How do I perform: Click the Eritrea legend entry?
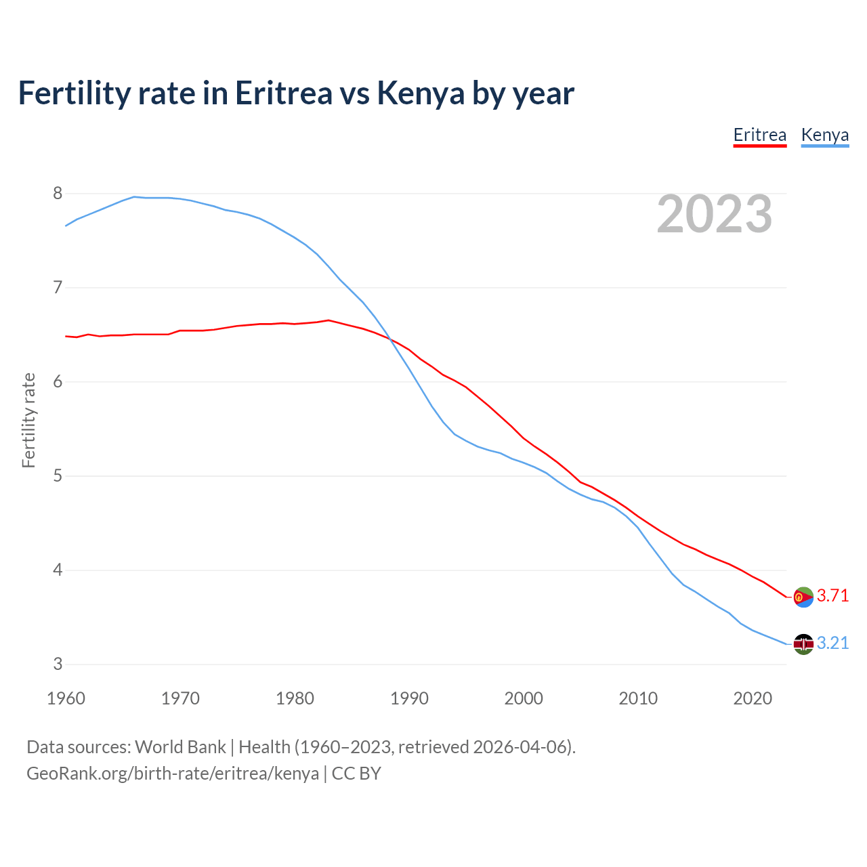click(x=759, y=135)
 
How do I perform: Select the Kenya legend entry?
click(x=824, y=135)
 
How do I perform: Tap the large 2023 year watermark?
click(x=715, y=214)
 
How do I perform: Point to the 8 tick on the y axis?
click(x=58, y=194)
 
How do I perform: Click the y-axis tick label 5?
click(x=58, y=476)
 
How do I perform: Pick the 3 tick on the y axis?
click(x=58, y=664)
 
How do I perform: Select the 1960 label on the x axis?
click(x=66, y=698)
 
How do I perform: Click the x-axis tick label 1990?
click(x=409, y=698)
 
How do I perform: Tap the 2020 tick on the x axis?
click(x=753, y=698)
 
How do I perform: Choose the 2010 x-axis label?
click(x=638, y=698)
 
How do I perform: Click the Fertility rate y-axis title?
click(x=28, y=420)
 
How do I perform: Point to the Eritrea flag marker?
click(x=803, y=597)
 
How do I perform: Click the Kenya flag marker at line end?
click(x=803, y=644)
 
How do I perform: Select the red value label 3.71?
click(x=832, y=596)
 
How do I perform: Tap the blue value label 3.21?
click(x=832, y=643)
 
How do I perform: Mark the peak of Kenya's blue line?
click(x=134, y=196)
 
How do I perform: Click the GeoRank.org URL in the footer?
click(x=173, y=774)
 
